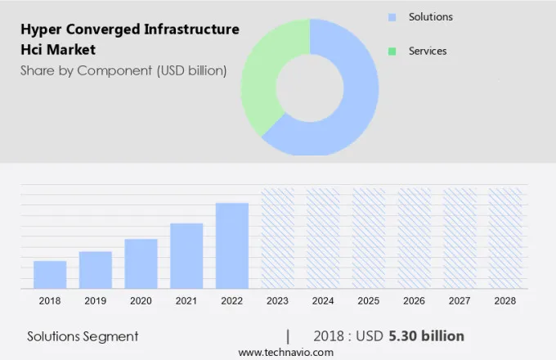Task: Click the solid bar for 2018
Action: [x=50, y=274]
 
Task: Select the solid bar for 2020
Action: [x=141, y=263]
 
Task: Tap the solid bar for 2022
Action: [x=232, y=245]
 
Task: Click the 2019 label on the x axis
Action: [x=96, y=301]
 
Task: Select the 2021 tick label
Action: [x=186, y=301]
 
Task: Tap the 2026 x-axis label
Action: [x=415, y=301]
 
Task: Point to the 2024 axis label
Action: [x=323, y=301]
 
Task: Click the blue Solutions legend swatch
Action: [x=392, y=17]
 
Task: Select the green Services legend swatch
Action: [x=392, y=52]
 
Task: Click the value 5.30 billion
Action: [x=426, y=336]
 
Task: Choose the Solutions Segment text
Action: [x=83, y=336]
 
